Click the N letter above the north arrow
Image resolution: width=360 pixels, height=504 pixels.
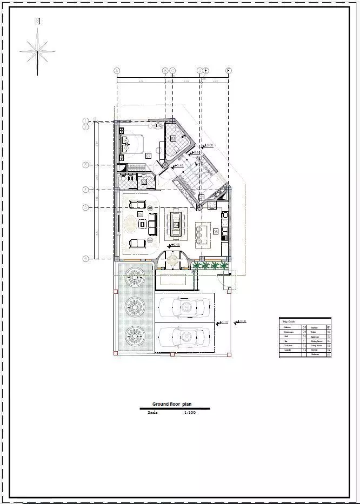[37, 21]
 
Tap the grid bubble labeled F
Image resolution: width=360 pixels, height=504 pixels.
[229, 71]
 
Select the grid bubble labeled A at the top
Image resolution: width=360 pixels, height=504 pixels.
[117, 71]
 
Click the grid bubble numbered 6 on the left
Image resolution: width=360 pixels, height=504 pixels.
[85, 259]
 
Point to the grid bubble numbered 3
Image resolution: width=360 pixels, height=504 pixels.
[85, 164]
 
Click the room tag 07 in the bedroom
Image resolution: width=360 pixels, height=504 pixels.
[149, 156]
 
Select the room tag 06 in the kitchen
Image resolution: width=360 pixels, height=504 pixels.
[216, 231]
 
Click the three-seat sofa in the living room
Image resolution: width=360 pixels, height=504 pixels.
[152, 224]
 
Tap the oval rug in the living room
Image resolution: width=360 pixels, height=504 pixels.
[131, 223]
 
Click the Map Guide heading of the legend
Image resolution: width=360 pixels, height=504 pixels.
[288, 321]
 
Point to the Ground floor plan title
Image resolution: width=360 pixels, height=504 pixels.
[171, 404]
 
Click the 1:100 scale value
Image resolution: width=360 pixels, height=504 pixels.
[190, 413]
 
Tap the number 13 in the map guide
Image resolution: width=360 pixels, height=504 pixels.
[304, 351]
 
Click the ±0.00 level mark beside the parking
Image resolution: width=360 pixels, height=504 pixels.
[241, 321]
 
